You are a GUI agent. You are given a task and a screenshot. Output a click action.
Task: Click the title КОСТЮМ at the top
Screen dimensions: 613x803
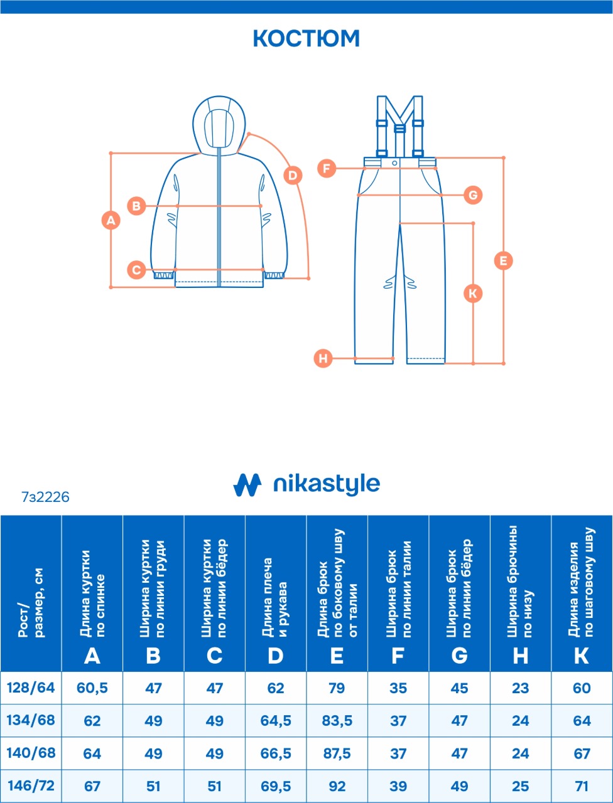coord(306,38)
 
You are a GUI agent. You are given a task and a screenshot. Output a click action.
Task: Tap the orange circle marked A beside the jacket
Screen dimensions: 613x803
coord(111,220)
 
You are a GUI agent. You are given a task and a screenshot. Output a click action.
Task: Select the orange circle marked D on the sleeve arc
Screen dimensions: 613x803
coord(293,176)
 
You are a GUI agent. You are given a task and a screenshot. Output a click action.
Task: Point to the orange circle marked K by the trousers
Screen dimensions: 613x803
coord(473,294)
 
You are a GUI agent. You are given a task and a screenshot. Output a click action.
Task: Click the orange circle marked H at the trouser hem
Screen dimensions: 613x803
coord(323,358)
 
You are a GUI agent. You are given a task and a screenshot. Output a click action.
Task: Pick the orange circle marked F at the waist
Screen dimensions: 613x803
coord(327,169)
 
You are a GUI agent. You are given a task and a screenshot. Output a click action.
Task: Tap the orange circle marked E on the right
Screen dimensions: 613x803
coord(503,261)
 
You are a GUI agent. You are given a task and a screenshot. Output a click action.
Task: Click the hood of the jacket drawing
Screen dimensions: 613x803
coord(219,125)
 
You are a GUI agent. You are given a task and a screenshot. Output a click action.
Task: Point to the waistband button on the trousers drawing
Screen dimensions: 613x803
coord(394,162)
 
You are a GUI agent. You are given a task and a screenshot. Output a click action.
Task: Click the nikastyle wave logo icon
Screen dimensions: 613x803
coord(247,485)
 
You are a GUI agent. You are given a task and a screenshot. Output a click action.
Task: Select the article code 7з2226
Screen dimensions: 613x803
coord(45,497)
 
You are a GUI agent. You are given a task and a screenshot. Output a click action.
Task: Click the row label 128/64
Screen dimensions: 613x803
coord(31,688)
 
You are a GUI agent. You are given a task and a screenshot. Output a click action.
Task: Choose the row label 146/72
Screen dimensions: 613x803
coord(31,785)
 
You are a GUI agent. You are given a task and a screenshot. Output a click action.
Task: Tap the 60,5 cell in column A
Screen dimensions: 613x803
coord(92,688)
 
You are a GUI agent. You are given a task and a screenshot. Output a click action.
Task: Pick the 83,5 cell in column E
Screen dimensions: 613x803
coord(337,721)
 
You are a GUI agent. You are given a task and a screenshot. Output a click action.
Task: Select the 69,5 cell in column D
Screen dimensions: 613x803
coord(276,786)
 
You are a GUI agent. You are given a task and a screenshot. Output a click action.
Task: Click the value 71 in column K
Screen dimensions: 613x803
coord(582,786)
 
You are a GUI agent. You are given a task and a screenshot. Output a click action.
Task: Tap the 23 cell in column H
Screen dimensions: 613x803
coord(520,688)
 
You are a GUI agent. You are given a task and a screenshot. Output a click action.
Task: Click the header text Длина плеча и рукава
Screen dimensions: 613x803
coord(275,597)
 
